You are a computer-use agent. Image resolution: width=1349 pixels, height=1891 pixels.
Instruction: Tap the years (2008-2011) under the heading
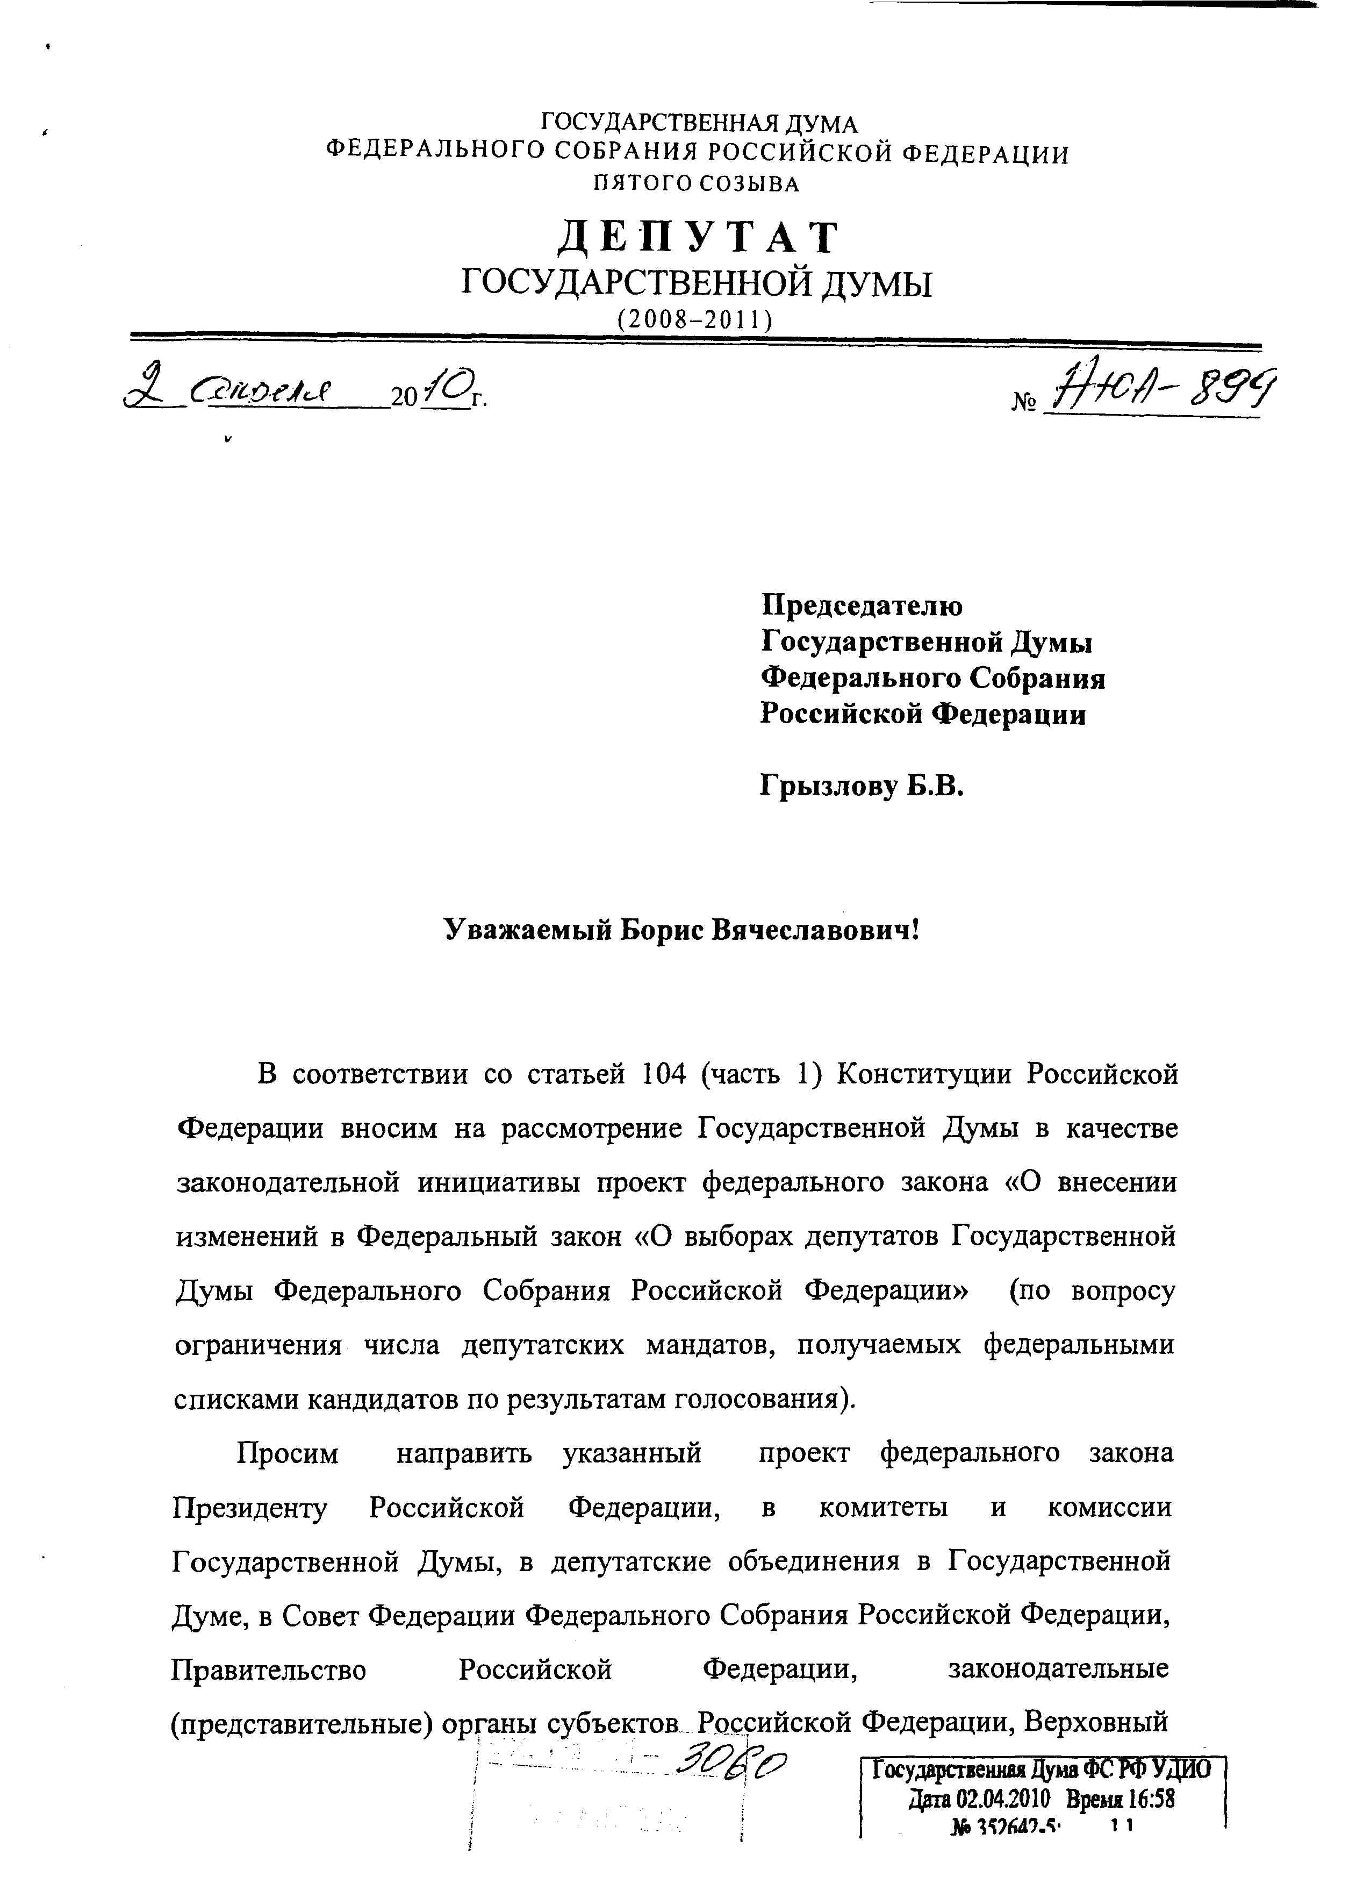(x=695, y=319)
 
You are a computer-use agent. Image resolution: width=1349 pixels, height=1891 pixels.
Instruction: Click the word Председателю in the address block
(x=862, y=605)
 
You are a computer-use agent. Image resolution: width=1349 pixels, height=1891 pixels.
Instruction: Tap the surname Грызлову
(x=828, y=785)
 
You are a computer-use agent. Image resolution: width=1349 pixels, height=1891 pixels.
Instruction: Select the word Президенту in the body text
(x=250, y=1508)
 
